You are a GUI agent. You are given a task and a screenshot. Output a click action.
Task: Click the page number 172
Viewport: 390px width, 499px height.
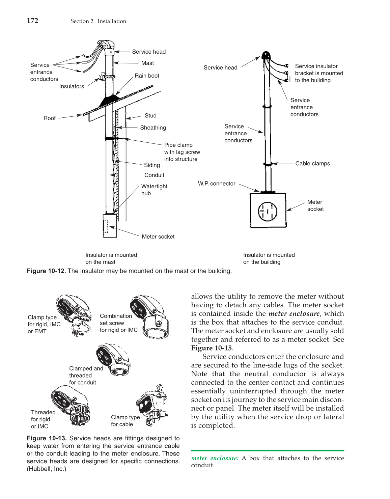click(x=32, y=21)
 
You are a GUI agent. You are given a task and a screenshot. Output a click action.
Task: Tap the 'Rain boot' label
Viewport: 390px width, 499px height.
click(x=147, y=76)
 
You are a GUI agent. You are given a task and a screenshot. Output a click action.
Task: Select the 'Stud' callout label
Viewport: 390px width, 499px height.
click(x=150, y=115)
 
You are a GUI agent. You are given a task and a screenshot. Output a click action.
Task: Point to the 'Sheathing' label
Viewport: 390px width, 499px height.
click(x=153, y=128)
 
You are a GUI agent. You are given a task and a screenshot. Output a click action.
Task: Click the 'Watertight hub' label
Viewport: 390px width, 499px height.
click(x=154, y=190)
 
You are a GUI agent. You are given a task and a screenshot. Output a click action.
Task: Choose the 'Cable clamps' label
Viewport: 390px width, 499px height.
click(x=312, y=163)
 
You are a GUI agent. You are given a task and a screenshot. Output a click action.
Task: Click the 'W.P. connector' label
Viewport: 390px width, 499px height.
click(x=217, y=184)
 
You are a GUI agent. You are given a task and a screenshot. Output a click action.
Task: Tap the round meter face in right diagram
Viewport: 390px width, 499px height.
click(x=268, y=212)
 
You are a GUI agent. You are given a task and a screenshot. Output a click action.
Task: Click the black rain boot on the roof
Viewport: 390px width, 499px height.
click(x=109, y=101)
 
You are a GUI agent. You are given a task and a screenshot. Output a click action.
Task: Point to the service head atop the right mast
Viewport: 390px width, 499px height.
click(x=266, y=55)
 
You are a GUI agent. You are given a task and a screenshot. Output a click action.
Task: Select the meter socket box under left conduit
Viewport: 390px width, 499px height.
click(x=110, y=226)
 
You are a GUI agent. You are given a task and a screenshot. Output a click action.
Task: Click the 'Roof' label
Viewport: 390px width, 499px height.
click(x=50, y=118)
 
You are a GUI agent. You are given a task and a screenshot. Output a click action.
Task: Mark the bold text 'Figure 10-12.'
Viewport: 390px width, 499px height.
click(x=46, y=271)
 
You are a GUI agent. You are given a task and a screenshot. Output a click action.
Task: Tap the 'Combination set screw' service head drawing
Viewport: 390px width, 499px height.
click(x=149, y=317)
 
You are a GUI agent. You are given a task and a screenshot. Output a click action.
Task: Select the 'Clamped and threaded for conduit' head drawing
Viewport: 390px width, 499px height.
click(x=113, y=360)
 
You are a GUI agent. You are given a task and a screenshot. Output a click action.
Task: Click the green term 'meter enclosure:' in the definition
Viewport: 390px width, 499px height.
click(x=215, y=458)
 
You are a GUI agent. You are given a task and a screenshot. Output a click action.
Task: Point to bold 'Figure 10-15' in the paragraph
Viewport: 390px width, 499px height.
click(x=212, y=348)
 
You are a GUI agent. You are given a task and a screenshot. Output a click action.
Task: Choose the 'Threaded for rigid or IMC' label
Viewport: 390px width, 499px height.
click(x=43, y=419)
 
